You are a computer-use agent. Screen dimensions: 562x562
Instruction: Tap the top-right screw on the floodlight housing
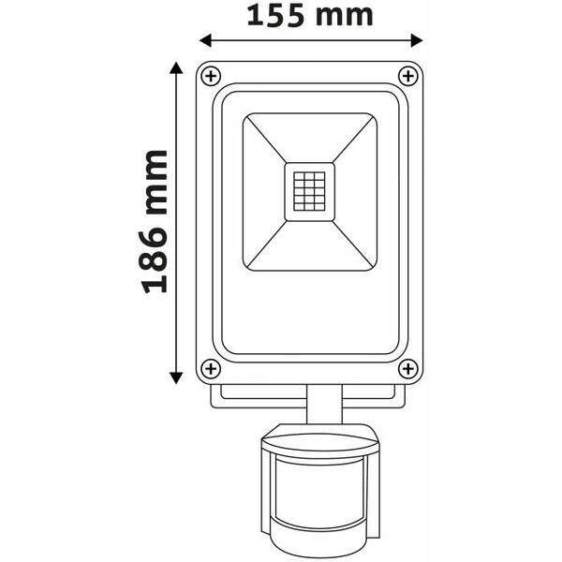tap(407, 75)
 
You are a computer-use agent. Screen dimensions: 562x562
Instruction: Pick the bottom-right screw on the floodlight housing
tap(407, 369)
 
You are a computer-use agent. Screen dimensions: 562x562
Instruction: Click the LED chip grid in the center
tap(309, 193)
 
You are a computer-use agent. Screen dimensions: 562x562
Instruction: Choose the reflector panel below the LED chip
tap(309, 248)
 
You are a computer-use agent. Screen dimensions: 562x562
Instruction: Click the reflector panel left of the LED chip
tap(261, 193)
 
